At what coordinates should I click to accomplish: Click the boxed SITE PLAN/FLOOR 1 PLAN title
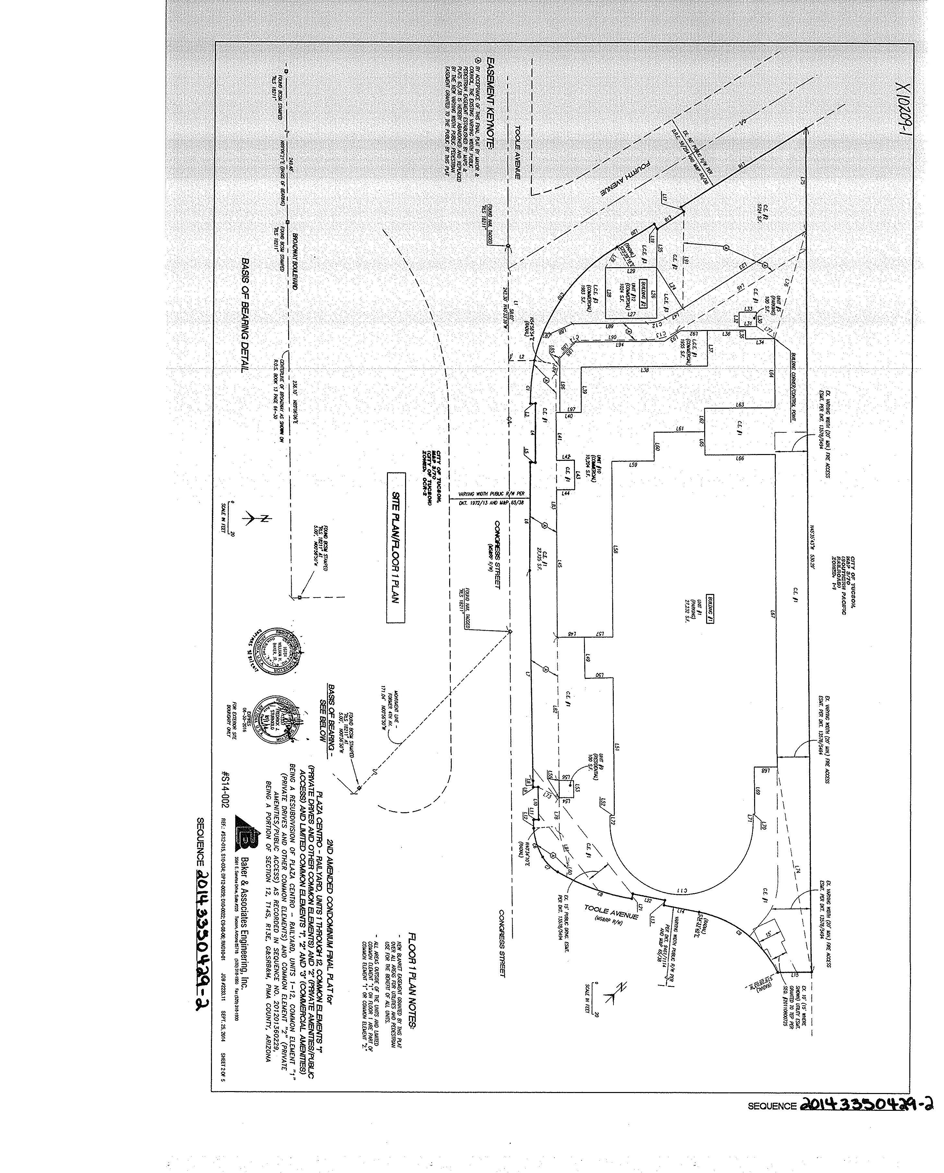(396, 547)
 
